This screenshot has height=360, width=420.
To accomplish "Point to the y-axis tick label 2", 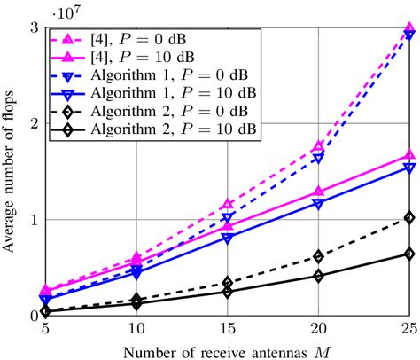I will (x=34, y=123).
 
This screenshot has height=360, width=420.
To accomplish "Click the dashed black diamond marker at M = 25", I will (x=408, y=217).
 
